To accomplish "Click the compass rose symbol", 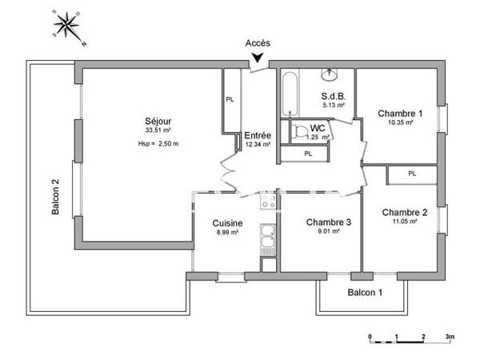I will [x=66, y=27].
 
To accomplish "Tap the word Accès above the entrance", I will [x=258, y=44].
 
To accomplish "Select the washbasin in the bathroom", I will [x=332, y=75].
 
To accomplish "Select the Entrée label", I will [x=258, y=135].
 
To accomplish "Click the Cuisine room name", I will [x=228, y=223].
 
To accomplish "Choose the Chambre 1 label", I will [x=399, y=114].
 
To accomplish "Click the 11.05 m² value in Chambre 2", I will [x=404, y=222].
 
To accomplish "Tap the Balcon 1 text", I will [x=364, y=293].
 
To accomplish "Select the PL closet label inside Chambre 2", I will [x=412, y=173].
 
